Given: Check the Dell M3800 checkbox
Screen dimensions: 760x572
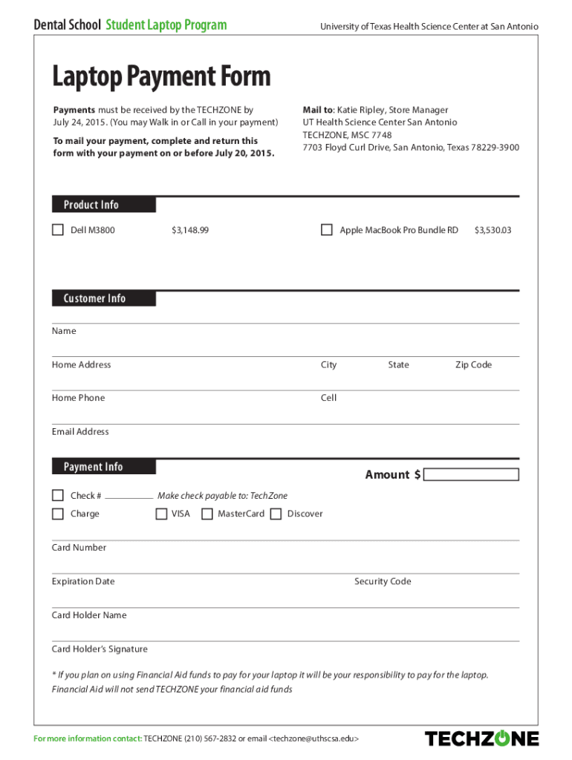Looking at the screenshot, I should (58, 230).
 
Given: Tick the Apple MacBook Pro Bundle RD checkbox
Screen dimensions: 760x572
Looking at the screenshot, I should (327, 230).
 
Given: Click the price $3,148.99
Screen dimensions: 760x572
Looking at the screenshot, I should (190, 231).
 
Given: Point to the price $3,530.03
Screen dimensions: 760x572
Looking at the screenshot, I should (493, 231).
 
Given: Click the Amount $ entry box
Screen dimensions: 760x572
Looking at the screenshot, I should (471, 475).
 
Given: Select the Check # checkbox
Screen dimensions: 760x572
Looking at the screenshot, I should (58, 495).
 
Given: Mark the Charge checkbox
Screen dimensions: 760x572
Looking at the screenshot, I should (58, 514).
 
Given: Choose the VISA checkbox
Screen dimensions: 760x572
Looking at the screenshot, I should (161, 514).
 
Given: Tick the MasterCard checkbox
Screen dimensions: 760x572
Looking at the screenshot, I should (207, 514).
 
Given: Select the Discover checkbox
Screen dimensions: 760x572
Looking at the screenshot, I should (276, 514).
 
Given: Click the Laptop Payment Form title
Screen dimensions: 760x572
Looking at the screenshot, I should (161, 76).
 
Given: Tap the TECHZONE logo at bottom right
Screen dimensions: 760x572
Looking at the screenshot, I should (481, 738).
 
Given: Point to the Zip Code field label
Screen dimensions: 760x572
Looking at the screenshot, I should (473, 365).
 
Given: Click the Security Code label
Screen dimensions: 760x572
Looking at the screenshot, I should (383, 582).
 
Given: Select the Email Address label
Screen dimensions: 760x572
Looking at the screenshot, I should (80, 432).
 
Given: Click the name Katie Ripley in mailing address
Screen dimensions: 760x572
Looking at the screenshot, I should (361, 110).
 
